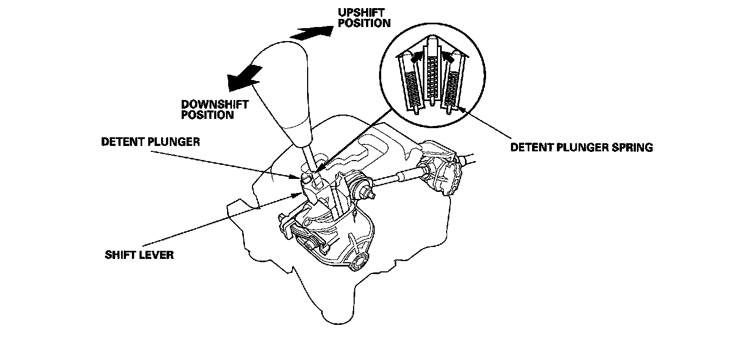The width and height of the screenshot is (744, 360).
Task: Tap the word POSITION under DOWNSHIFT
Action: point(208,115)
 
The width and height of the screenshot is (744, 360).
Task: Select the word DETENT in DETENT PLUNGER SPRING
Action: point(531,147)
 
